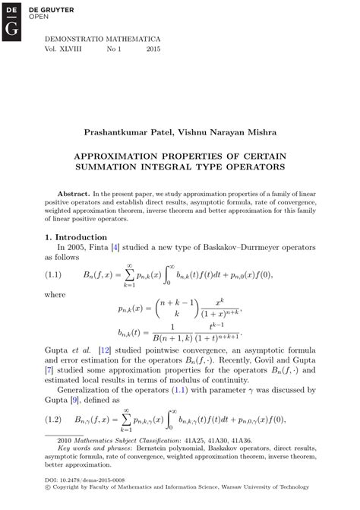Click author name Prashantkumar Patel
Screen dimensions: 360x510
pos(137,132)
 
